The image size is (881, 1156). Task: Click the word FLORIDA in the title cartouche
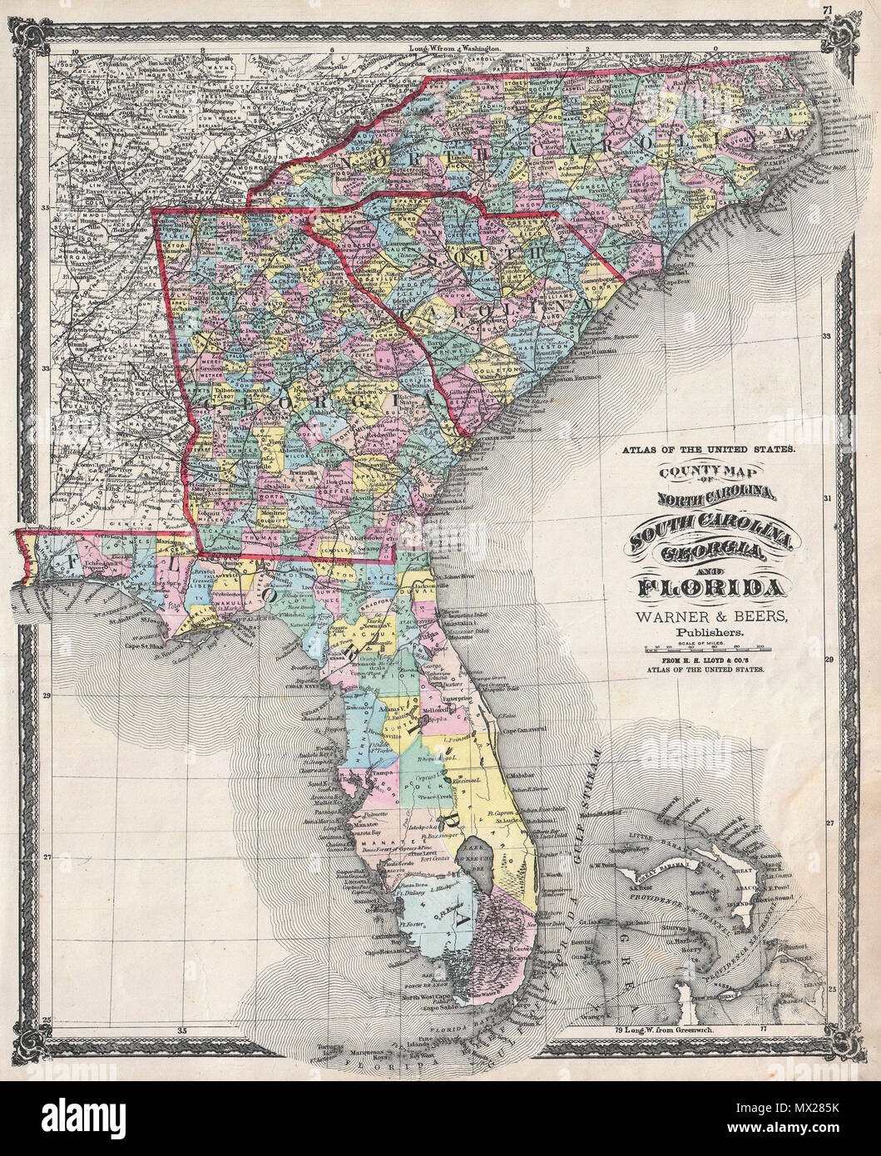click(x=710, y=588)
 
